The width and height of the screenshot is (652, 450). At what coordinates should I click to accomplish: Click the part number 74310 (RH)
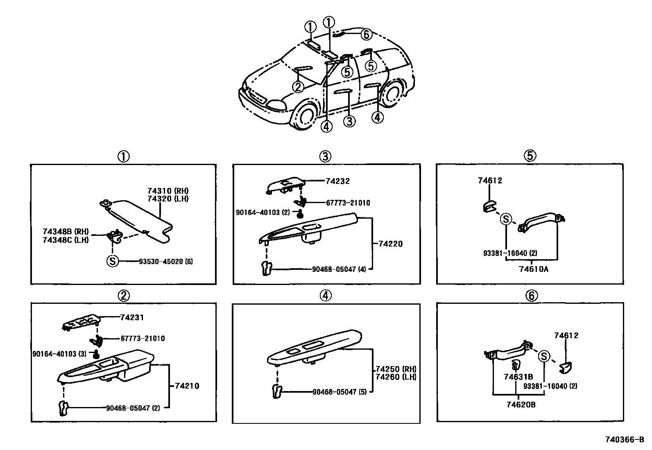click(x=168, y=191)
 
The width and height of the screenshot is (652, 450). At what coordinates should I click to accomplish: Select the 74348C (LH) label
click(x=66, y=240)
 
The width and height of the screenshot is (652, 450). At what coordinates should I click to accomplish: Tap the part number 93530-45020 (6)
click(x=166, y=261)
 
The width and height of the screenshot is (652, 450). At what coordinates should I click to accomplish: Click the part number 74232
click(x=337, y=181)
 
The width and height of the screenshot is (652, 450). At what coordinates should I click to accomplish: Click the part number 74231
click(x=132, y=317)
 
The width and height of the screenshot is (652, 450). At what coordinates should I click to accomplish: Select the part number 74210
click(x=187, y=386)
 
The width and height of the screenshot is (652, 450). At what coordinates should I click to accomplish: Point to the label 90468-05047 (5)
click(x=340, y=392)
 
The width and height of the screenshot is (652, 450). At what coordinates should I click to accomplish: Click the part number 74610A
click(x=533, y=269)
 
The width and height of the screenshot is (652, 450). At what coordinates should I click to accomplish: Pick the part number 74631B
click(x=518, y=377)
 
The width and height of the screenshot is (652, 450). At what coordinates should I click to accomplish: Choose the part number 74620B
click(x=521, y=405)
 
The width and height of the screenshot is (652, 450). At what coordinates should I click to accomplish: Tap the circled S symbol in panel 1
click(x=112, y=261)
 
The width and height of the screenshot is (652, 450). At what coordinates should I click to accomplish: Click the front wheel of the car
click(x=304, y=115)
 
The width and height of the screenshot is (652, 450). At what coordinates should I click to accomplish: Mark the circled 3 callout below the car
click(x=349, y=121)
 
